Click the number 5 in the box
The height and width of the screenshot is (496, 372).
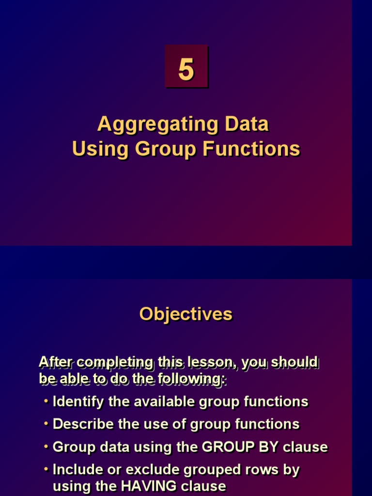[x=186, y=70]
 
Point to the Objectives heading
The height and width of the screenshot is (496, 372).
[x=186, y=314]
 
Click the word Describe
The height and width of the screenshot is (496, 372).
[x=81, y=424]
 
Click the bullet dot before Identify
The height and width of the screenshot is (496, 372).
[x=46, y=402]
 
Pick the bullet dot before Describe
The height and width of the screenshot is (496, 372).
[x=46, y=424]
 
